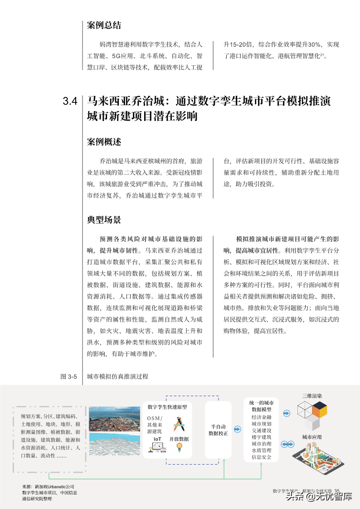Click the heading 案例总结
coord(104,25)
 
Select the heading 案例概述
coord(104,141)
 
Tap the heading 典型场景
coord(104,220)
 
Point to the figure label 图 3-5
coord(69,376)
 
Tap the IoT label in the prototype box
coord(157,439)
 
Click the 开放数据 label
coord(179,439)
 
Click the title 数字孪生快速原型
coord(167,407)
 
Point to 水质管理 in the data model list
coord(261,450)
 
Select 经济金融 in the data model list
coord(261,417)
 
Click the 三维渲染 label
coord(312,396)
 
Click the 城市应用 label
coord(312,437)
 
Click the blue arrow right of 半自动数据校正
coord(237,429)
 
